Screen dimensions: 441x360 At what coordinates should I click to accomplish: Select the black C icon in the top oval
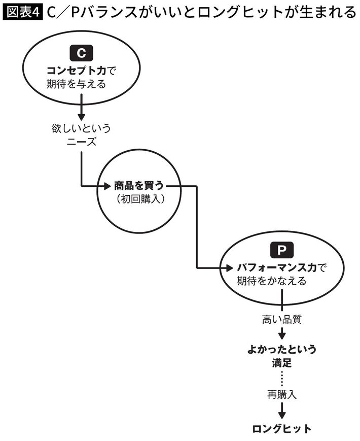(x=81, y=52)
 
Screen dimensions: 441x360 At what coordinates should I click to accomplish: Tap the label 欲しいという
(x=81, y=128)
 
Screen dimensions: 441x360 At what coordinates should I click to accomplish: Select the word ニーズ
(x=81, y=142)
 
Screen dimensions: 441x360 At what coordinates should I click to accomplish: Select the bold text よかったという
(x=282, y=350)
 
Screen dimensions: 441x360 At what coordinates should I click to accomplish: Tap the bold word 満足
(x=282, y=363)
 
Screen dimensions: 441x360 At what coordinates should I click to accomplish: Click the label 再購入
(x=282, y=393)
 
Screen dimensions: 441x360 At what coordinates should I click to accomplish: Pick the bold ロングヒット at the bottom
(x=282, y=428)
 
